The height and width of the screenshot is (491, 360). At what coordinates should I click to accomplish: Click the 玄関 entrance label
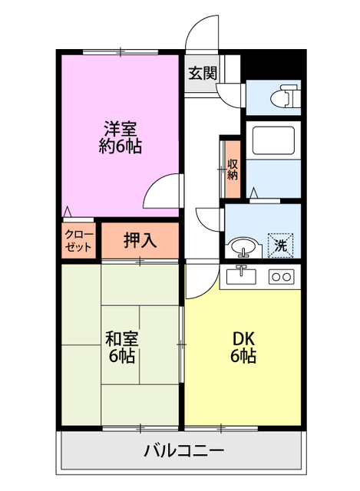(203, 74)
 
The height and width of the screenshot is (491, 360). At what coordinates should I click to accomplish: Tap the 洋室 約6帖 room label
(120, 137)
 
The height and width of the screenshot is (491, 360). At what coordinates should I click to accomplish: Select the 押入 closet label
(140, 240)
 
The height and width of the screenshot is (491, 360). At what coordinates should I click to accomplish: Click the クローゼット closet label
(78, 240)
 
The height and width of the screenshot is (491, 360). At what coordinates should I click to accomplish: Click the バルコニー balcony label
(184, 450)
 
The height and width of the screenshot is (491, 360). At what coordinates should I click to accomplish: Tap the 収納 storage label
(233, 169)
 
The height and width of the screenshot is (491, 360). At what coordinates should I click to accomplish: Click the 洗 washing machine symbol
(282, 246)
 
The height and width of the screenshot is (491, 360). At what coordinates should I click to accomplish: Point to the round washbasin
(242, 248)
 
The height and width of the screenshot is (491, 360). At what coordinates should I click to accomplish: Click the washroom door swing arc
(208, 219)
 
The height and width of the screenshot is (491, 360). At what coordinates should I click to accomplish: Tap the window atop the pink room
(120, 51)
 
